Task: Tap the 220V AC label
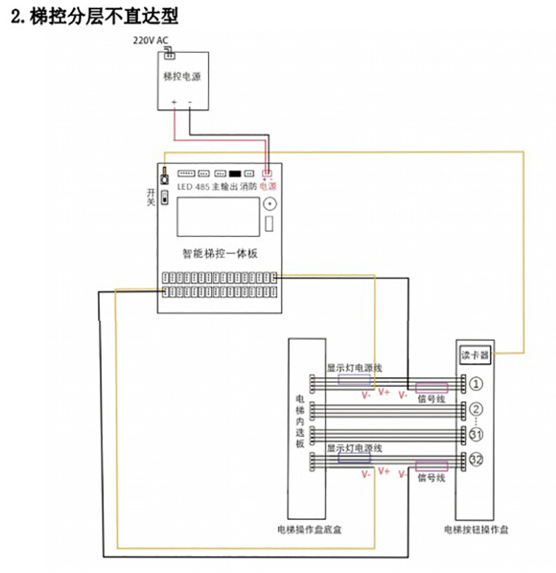point(151,40)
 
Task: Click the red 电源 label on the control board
point(268,187)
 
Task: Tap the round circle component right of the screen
point(269,204)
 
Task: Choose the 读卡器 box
point(474,355)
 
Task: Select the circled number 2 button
point(476,409)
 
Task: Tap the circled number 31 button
point(476,433)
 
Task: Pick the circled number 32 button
point(476,460)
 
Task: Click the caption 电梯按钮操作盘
point(476,529)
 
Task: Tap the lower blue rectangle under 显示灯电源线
point(354,459)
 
